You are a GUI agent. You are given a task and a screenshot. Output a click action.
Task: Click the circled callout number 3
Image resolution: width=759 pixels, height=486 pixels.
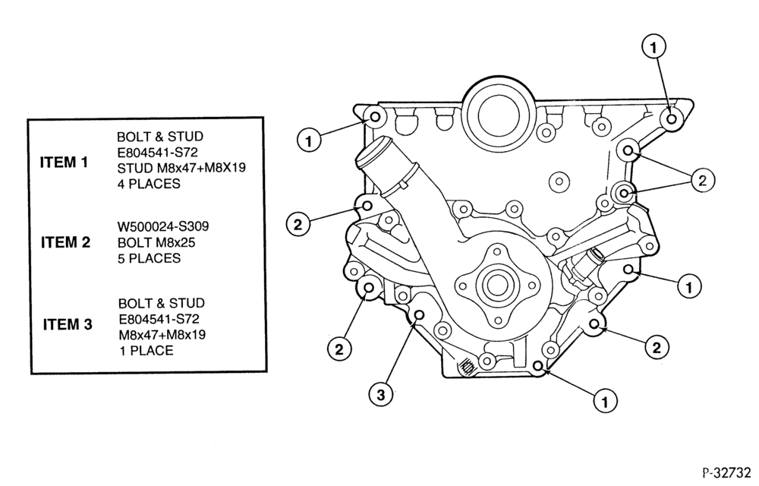click(381, 395)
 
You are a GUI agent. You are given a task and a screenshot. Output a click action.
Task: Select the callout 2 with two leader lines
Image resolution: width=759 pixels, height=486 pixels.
click(703, 181)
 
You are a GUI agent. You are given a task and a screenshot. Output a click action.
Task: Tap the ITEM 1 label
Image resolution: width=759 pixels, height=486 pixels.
click(64, 163)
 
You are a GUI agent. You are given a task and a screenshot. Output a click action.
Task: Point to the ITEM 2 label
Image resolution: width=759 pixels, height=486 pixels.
click(66, 242)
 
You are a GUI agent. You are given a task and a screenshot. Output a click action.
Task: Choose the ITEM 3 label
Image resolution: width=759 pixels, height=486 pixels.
click(68, 324)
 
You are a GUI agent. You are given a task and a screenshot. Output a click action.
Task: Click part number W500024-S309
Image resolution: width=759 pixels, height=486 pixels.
click(163, 226)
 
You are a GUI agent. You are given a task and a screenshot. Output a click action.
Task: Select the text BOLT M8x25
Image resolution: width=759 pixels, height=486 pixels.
click(156, 242)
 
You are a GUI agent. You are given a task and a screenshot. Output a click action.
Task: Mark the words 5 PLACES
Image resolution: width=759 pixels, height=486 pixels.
click(149, 258)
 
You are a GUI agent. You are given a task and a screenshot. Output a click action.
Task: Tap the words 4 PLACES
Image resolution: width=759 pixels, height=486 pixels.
click(149, 184)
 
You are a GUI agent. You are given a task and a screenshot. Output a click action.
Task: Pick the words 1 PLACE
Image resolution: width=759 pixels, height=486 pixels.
click(146, 351)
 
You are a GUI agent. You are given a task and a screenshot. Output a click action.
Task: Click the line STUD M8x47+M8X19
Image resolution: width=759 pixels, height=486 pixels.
click(181, 168)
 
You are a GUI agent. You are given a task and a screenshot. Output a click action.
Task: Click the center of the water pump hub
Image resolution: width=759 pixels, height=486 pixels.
click(496, 285)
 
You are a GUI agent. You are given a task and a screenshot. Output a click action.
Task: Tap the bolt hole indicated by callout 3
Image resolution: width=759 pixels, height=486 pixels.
click(419, 316)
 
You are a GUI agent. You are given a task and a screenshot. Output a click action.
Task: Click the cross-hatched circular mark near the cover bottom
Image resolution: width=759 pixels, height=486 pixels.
click(467, 366)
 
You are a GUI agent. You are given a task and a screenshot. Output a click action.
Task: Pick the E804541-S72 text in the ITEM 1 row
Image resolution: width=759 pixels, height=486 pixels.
click(157, 152)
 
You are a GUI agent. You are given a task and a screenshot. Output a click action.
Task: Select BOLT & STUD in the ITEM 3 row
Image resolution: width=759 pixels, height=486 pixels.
click(162, 303)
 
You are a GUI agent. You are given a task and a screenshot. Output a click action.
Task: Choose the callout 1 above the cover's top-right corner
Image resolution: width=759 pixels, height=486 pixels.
click(654, 47)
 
